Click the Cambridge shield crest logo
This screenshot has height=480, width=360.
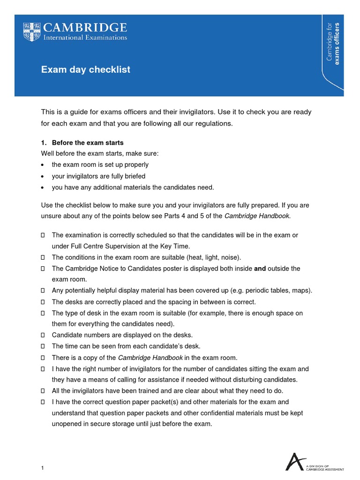pos(31,31)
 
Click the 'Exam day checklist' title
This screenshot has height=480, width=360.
pos(86,70)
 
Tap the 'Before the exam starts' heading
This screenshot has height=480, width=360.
pos(88,142)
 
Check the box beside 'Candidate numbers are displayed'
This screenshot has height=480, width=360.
pos(43,335)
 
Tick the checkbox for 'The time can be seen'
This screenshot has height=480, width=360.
pos(43,346)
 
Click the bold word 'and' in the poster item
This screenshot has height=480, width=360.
pos(260,269)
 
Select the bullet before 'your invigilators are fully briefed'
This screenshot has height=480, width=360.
pos(43,176)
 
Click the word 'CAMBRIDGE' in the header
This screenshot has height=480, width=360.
pos(85,27)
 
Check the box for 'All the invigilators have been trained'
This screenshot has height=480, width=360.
pos(43,391)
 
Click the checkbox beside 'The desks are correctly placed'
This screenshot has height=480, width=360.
pos(43,302)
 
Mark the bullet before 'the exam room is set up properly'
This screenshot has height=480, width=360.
pos(43,165)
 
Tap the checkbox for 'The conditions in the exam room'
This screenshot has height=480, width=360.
pos(43,257)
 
